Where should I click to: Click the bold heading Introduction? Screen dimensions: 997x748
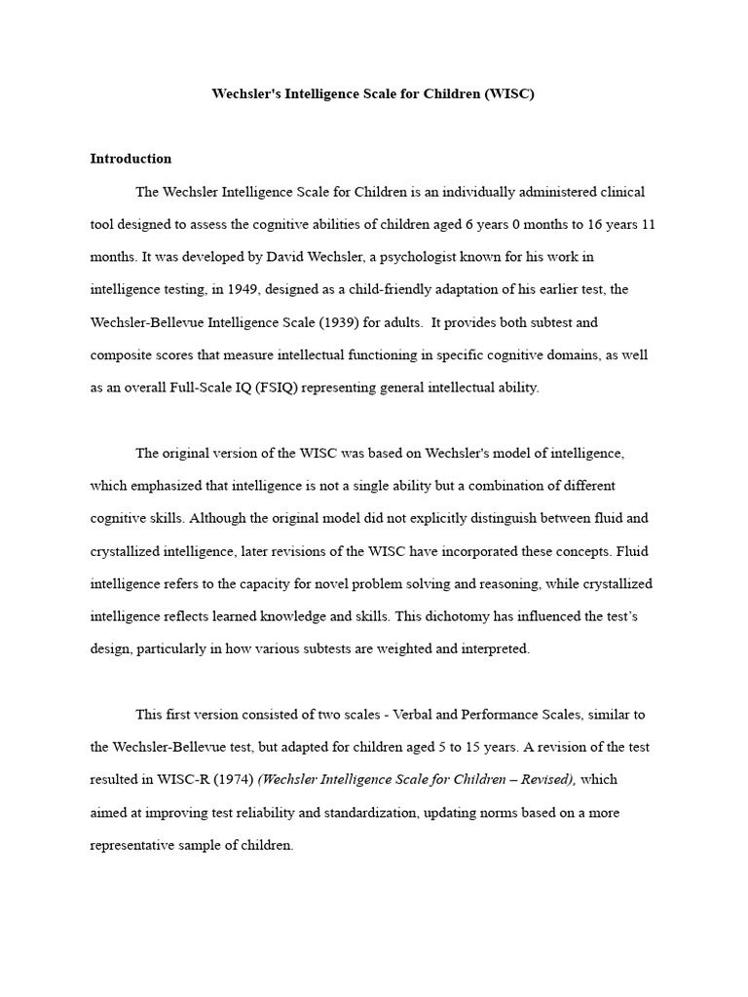coord(131,159)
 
